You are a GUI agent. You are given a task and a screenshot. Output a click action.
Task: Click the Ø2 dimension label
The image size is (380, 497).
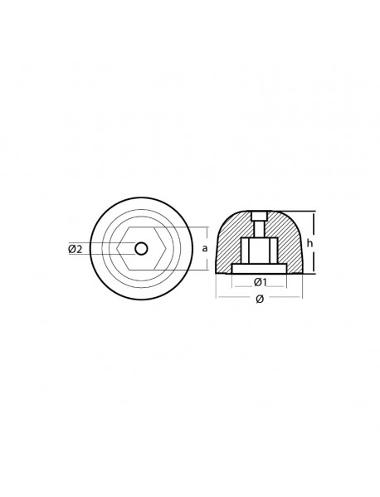[73, 249]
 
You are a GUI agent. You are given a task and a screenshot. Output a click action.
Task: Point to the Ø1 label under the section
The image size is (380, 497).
[260, 283]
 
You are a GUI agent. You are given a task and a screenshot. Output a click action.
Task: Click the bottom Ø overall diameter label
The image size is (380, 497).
[260, 300]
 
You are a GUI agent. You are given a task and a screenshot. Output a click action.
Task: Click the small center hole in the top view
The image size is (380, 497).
[141, 248]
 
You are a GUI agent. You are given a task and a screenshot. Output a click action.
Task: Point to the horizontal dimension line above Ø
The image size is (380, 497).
[260, 293]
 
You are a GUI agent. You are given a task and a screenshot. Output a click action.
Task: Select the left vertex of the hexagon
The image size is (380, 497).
[118, 248]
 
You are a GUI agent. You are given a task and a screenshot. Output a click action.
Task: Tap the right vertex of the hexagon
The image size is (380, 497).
[164, 248]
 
